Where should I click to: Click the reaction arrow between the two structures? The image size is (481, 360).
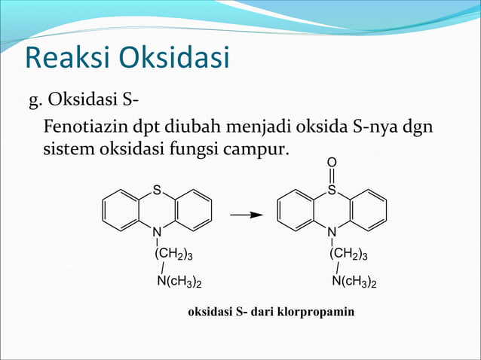click(246, 215)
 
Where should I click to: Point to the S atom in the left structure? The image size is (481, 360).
click(157, 190)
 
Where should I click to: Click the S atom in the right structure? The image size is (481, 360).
click(332, 191)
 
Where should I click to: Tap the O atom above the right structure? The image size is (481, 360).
click(332, 161)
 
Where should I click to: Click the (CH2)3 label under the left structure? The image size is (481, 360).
click(179, 255)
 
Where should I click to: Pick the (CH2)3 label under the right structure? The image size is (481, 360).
click(354, 255)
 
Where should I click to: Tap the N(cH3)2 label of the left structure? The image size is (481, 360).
click(179, 282)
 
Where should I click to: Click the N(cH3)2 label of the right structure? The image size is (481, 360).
click(354, 282)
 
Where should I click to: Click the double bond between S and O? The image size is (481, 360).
click(332, 175)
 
